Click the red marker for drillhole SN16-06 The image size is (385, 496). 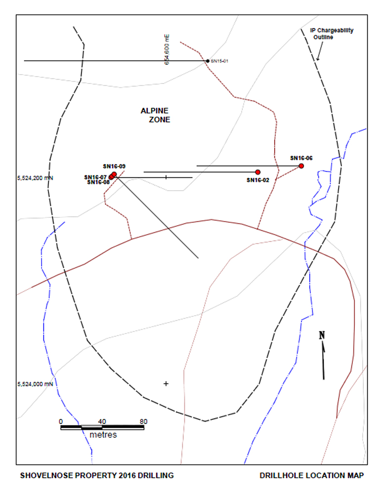click(301, 166)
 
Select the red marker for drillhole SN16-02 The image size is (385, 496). click(258, 172)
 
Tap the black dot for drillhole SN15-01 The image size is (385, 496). click(208, 61)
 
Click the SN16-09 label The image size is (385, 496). click(114, 166)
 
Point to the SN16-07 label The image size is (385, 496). click(95, 177)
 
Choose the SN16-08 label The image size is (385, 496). click(98, 182)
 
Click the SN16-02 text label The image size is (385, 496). click(258, 180)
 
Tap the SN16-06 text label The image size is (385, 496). click(301, 158)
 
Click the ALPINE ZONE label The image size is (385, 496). click(155, 115)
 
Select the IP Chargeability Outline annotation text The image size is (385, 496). click(332, 34)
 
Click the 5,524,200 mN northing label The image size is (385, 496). click(35, 178)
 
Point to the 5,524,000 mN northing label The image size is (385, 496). click(35, 384)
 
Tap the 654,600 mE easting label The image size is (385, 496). click(167, 50)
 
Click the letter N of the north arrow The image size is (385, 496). click(322, 335)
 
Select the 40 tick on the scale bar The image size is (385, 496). click(102, 421)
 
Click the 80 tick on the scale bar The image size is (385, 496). click(144, 421)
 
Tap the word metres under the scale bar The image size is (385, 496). click(103, 435)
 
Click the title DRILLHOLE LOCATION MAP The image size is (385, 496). click(311, 475)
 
